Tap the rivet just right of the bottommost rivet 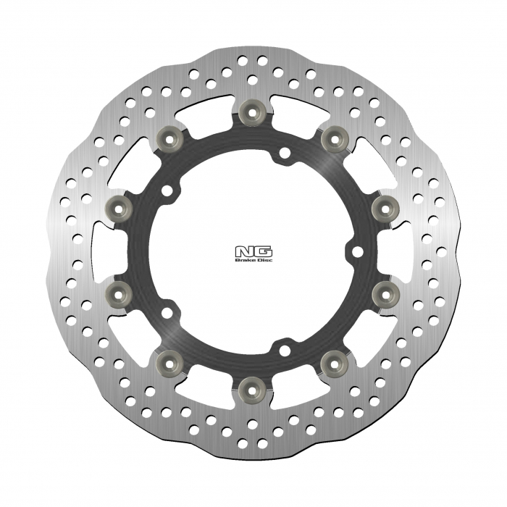click(x=334, y=359)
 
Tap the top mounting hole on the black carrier click(x=285, y=153)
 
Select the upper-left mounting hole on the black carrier click(x=167, y=190)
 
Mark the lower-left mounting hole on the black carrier click(x=167, y=314)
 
